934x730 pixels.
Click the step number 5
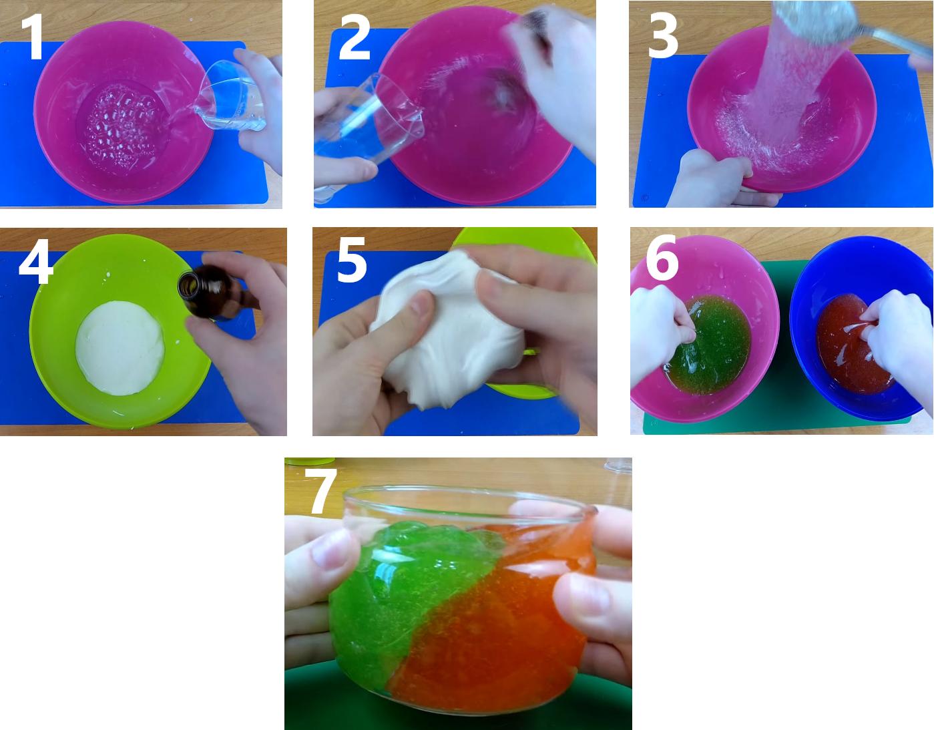pyautogui.click(x=352, y=260)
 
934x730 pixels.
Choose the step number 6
pyautogui.click(x=662, y=258)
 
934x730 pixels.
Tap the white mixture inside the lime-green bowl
pyautogui.click(x=120, y=348)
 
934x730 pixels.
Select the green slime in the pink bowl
pyautogui.click(x=709, y=344)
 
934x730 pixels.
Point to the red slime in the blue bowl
pyautogui.click(x=853, y=344)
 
